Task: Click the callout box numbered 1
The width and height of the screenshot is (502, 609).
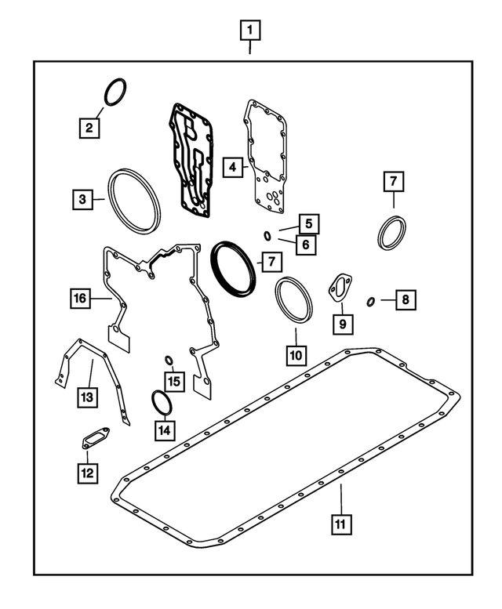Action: coord(250,31)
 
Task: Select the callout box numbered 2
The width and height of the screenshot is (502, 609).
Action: coord(89,128)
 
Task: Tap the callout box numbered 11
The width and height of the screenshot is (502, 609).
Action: coord(341,524)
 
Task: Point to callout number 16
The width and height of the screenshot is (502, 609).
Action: coord(81,299)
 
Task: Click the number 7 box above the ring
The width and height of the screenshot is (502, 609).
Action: coord(394,181)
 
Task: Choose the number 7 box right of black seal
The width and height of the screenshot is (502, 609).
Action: coord(271,262)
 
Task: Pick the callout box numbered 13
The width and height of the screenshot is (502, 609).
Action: coord(87,397)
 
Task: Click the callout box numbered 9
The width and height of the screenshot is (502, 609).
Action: coord(343,324)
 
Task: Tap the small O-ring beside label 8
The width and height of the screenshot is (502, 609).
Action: coord(371,302)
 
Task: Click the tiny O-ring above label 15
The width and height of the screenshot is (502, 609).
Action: coord(169,361)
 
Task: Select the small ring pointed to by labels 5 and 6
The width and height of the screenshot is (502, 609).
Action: coord(267,235)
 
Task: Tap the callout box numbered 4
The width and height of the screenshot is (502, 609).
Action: coord(232,168)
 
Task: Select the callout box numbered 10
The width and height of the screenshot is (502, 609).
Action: coord(296,355)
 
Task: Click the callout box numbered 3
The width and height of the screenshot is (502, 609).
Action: coord(82,199)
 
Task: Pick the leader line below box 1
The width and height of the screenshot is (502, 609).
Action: coord(250,47)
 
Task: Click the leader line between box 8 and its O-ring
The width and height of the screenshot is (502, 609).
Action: coord(388,300)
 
